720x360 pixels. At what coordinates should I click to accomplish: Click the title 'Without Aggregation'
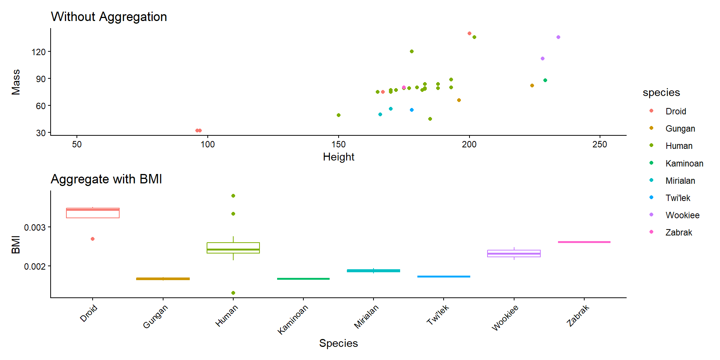click(x=109, y=17)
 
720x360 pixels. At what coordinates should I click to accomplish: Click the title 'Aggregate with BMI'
click(x=106, y=179)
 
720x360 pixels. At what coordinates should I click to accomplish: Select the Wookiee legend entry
click(x=682, y=215)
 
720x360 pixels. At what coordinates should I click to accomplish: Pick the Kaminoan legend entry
click(x=684, y=163)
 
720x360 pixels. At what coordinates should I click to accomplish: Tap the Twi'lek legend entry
click(x=678, y=198)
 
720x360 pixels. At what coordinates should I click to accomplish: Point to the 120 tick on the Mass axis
click(x=39, y=52)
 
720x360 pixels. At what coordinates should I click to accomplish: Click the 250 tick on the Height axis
click(x=599, y=145)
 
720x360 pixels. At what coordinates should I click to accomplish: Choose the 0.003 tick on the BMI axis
click(x=35, y=228)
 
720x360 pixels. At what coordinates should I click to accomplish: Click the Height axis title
click(x=338, y=157)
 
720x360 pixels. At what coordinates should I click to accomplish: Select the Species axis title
click(x=338, y=343)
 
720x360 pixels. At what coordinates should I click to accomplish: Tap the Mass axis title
click(x=16, y=82)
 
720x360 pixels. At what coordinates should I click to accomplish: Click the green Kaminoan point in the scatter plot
click(x=545, y=80)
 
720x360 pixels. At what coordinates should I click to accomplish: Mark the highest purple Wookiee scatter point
click(x=558, y=37)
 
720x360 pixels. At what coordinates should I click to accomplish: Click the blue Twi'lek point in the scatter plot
click(x=411, y=110)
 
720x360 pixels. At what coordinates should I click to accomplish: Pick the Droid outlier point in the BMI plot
click(x=93, y=239)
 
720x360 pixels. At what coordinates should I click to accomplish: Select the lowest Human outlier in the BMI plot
click(x=233, y=293)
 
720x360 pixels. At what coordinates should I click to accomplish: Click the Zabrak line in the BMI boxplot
click(x=584, y=242)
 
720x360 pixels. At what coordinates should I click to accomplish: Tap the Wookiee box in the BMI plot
click(x=514, y=253)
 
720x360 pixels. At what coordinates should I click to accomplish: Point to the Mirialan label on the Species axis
click(x=366, y=317)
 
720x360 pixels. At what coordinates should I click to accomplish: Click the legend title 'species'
click(x=661, y=93)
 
